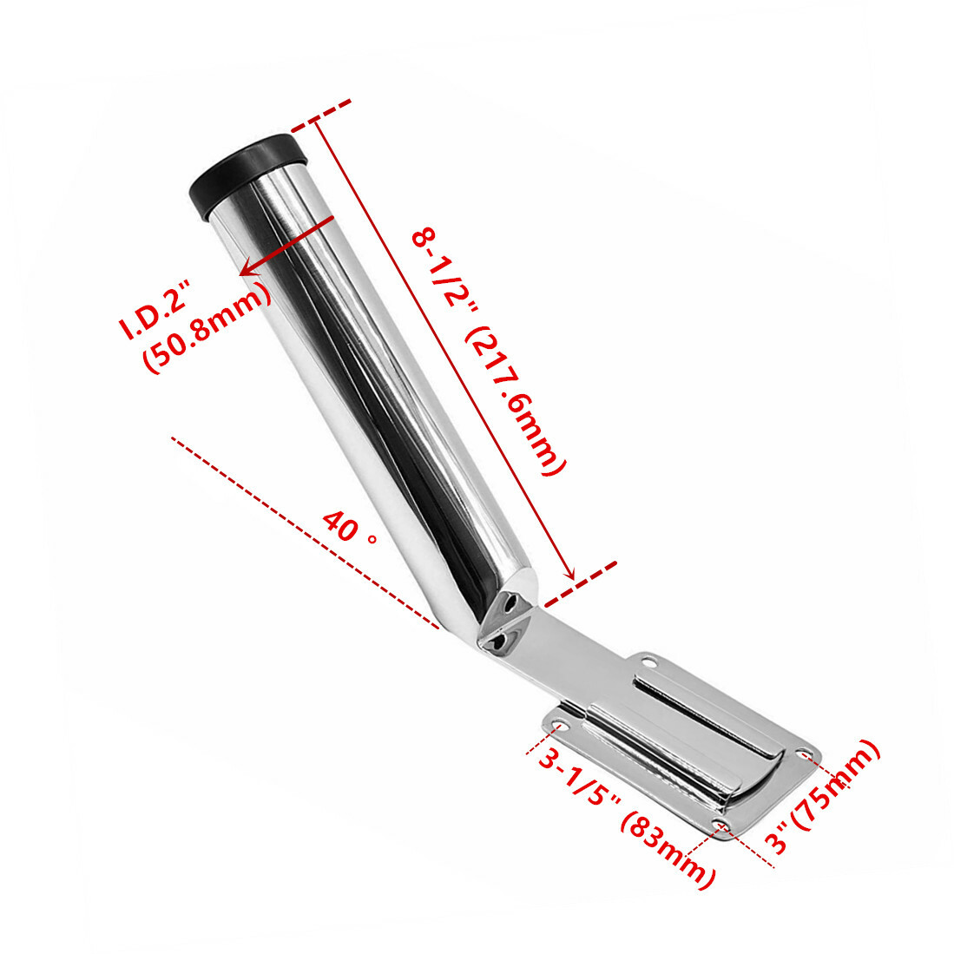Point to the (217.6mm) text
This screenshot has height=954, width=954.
[x=516, y=403]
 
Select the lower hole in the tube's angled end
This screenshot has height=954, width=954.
[x=497, y=641]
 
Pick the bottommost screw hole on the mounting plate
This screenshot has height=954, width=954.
[x=720, y=822]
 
